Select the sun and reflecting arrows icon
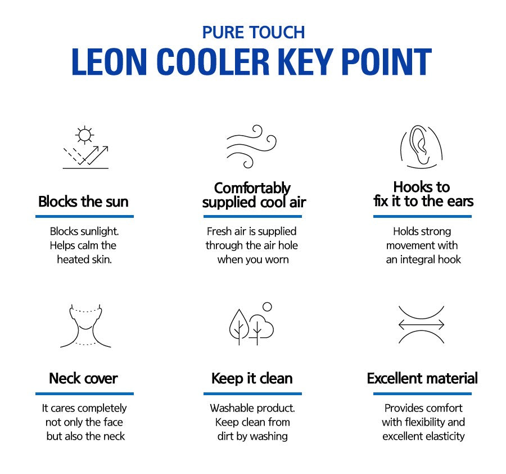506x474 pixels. tap(85, 148)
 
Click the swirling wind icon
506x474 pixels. tap(251, 146)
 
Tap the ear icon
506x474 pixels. tap(421, 147)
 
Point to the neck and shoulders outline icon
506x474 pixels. tap(85, 326)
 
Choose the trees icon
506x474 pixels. tap(251, 325)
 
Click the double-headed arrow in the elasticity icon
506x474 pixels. tap(421, 325)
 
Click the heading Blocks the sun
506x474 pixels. tap(83, 202)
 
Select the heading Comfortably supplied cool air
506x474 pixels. tap(254, 195)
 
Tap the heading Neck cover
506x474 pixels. tap(83, 378)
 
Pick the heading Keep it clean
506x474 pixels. tap(252, 378)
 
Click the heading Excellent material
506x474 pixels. tap(422, 378)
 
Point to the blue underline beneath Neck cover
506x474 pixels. tap(84, 393)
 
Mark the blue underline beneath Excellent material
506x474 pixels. tap(422, 393)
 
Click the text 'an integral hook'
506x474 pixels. tap(423, 260)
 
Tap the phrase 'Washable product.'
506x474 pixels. tap(252, 408)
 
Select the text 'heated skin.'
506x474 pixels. tap(84, 260)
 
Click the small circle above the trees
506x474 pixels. tap(267, 307)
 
